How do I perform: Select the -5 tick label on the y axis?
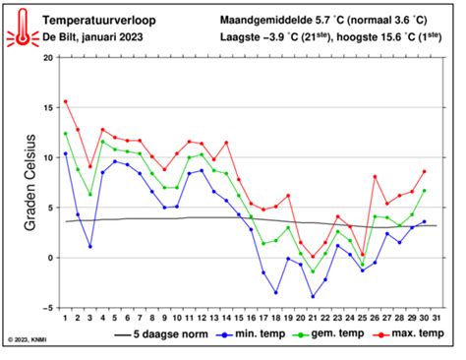click(x=47, y=307)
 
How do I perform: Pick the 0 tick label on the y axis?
click(x=50, y=258)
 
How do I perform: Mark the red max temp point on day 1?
click(x=66, y=101)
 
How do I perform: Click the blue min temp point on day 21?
click(x=313, y=296)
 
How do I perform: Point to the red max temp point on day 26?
click(x=375, y=176)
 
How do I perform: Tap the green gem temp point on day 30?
click(x=424, y=191)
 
